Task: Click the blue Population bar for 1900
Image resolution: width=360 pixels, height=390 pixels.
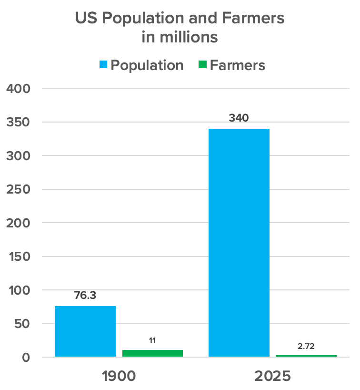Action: tap(85, 331)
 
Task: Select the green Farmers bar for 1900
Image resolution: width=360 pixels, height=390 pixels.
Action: tap(152, 353)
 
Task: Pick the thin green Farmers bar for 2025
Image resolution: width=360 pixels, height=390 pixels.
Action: tap(306, 356)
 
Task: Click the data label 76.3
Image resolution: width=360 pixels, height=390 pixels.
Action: tap(85, 296)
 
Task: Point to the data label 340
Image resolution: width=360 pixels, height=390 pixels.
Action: tap(239, 118)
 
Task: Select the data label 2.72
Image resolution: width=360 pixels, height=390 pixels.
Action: tap(306, 346)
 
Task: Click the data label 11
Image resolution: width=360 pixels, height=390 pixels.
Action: tap(152, 340)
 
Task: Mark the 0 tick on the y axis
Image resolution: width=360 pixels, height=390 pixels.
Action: tap(26, 358)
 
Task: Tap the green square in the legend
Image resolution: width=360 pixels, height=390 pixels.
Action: tap(202, 65)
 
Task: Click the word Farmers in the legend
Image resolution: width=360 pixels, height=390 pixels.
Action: tap(238, 65)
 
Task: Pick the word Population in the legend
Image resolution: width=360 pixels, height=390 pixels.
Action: tap(147, 65)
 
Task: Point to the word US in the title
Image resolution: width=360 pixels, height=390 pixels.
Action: tap(86, 19)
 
